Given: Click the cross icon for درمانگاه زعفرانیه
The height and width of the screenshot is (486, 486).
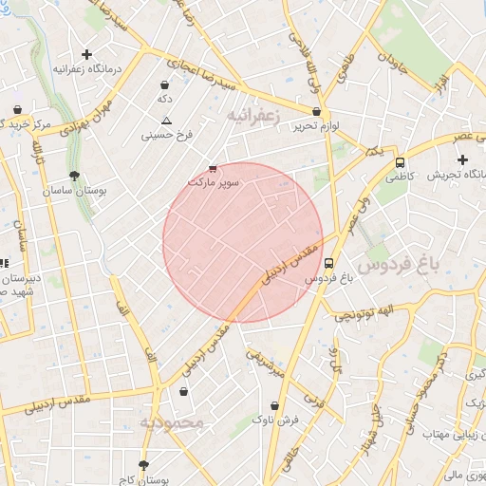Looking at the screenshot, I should [x=87, y=54].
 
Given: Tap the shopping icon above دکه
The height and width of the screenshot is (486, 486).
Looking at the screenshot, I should [x=165, y=84].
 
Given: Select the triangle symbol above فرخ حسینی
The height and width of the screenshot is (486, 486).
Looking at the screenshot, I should [x=166, y=121].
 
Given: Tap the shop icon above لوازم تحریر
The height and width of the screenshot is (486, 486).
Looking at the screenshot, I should [x=315, y=111].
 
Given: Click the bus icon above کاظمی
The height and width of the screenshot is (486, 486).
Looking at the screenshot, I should [x=400, y=162].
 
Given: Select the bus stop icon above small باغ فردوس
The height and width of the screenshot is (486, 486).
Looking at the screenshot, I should [x=328, y=264].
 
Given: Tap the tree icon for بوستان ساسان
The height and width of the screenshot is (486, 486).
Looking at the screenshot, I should [x=74, y=176].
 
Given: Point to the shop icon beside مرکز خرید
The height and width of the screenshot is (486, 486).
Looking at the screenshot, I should [x=18, y=109].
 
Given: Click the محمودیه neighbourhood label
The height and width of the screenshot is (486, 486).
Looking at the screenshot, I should [x=172, y=422].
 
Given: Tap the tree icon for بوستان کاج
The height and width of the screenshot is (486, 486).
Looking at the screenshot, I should [x=143, y=465].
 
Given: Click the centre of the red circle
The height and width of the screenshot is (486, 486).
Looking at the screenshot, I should [x=243, y=243].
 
